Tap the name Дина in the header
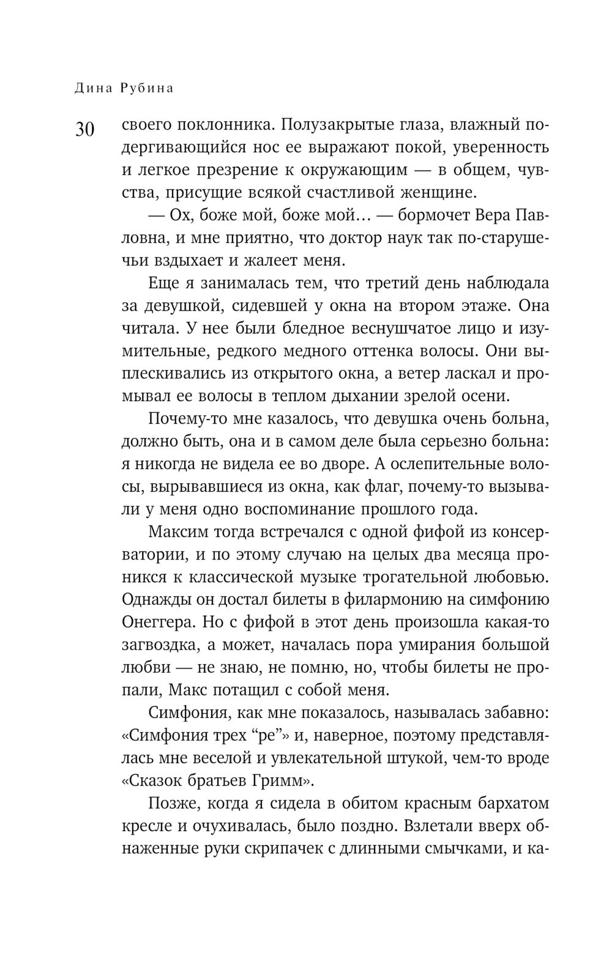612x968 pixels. [93, 88]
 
